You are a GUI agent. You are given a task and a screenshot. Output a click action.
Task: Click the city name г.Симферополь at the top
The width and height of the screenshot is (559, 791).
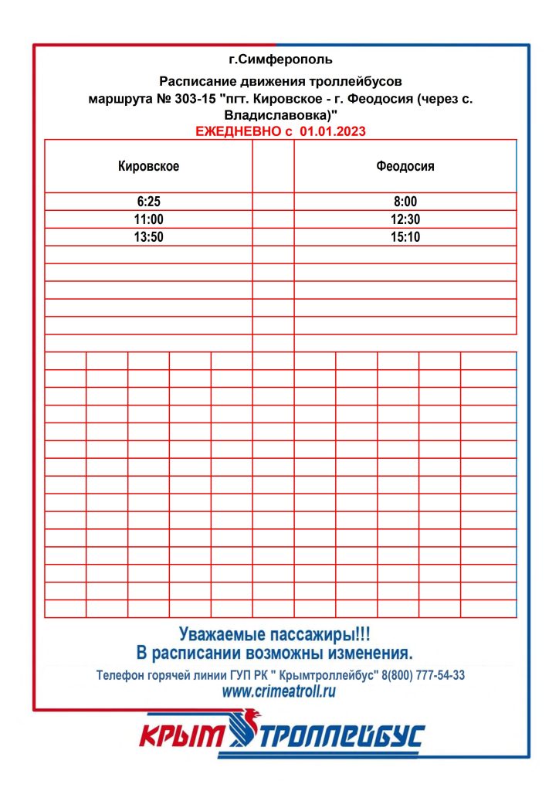coord(281,59)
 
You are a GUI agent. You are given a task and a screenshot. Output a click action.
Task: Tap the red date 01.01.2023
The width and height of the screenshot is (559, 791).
coord(332,132)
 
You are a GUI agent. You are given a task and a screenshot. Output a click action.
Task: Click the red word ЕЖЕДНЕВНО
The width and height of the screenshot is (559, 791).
coord(239,132)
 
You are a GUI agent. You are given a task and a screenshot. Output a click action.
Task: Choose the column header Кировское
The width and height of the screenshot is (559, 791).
coord(148,166)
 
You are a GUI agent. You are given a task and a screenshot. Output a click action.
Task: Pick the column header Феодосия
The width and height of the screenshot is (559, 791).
coord(405,166)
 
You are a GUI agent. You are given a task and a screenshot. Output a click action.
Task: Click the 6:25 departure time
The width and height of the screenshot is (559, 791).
coord(148,202)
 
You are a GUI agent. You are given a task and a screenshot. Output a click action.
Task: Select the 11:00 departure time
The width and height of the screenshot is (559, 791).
coord(148,219)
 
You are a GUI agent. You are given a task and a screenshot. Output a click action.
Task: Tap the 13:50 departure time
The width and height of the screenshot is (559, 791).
coord(148,237)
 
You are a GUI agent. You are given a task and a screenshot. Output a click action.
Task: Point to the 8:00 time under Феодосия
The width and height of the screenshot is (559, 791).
coord(405,202)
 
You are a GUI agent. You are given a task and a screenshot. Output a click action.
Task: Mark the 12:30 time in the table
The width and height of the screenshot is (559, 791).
coord(405,219)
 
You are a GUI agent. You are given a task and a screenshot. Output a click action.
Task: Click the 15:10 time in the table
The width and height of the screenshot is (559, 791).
coord(405,237)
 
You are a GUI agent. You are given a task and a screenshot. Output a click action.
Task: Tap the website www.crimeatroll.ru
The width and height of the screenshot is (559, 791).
coord(279,692)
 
